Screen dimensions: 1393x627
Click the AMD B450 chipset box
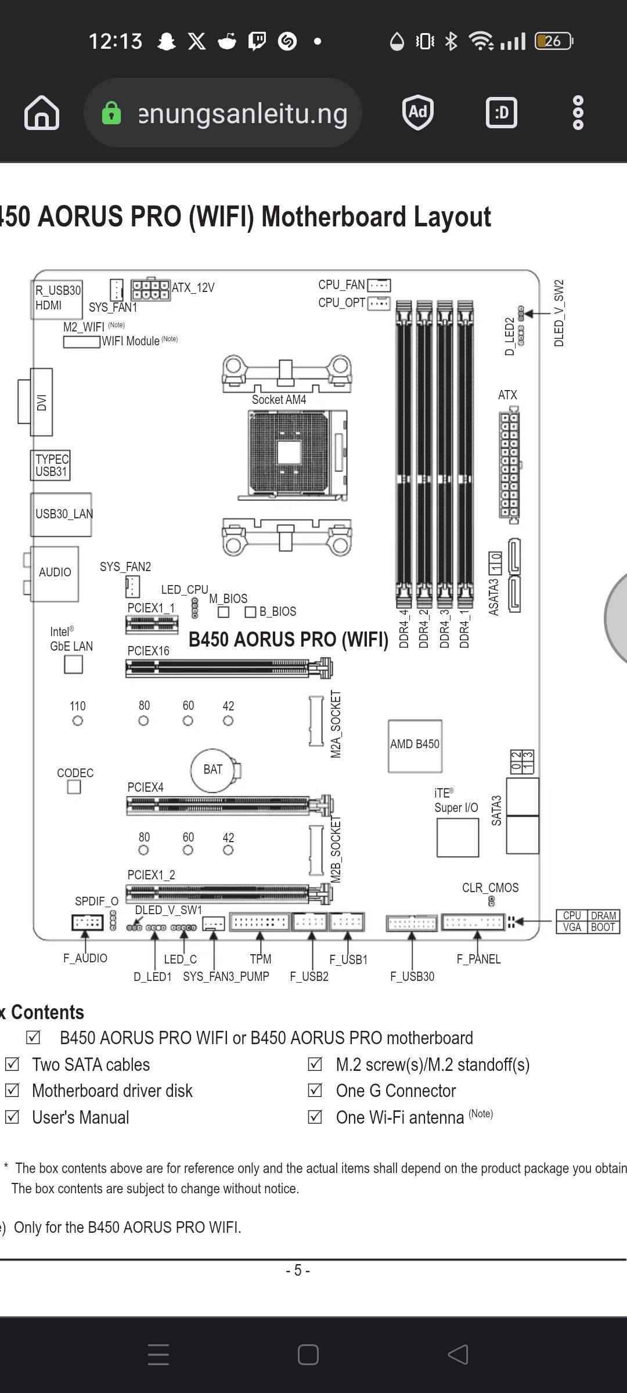click(x=415, y=746)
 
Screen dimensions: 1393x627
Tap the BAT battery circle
click(x=213, y=770)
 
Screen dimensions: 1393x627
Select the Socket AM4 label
click(x=279, y=399)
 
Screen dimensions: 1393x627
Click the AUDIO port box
click(x=55, y=573)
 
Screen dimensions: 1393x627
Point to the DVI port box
click(x=41, y=402)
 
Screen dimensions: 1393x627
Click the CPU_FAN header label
click(x=341, y=285)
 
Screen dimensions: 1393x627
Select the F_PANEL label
click(x=478, y=959)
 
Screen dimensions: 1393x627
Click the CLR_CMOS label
click(x=490, y=887)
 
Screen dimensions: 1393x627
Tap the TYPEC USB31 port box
click(x=51, y=465)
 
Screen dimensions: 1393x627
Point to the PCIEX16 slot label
click(x=149, y=651)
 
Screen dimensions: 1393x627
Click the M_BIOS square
click(x=224, y=612)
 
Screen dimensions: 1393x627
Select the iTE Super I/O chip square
click(x=457, y=838)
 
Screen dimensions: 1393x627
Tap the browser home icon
click(x=42, y=113)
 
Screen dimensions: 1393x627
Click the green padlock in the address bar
click(x=111, y=113)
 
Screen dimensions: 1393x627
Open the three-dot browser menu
click(x=578, y=113)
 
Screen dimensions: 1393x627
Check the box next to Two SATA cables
click(x=12, y=1064)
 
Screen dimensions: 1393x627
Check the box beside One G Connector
click(x=315, y=1090)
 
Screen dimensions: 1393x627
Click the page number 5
click(x=298, y=1271)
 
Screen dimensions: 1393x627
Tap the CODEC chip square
click(x=74, y=787)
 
